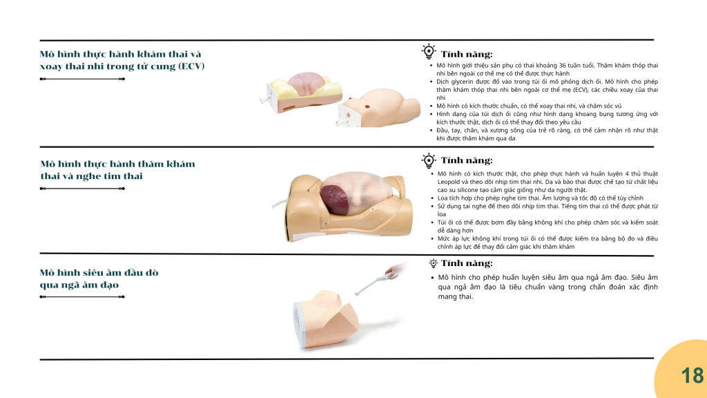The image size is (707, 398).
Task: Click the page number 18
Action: point(692,375)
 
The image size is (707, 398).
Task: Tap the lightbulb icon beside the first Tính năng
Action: point(428,51)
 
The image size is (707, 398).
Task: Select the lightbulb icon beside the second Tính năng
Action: point(428,160)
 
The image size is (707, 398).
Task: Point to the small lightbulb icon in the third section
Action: point(434,263)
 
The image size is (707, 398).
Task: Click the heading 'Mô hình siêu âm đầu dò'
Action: point(99,272)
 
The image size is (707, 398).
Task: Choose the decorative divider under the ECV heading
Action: point(82,79)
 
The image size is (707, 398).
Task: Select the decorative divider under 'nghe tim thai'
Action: point(82,189)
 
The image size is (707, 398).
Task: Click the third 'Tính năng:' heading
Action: point(467,263)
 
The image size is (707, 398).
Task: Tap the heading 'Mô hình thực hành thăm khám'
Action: point(117,164)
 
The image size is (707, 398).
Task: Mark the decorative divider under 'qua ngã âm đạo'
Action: point(82,297)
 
